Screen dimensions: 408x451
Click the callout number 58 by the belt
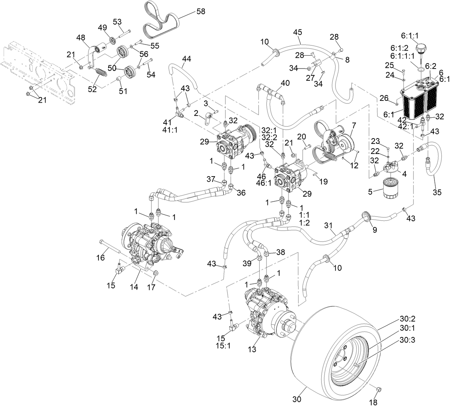point(201,11)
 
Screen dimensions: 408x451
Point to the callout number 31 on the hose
point(328,225)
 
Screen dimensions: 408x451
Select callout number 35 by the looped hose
point(437,192)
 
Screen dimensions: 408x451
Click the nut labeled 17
point(156,274)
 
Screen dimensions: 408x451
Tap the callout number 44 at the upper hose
point(186,58)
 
